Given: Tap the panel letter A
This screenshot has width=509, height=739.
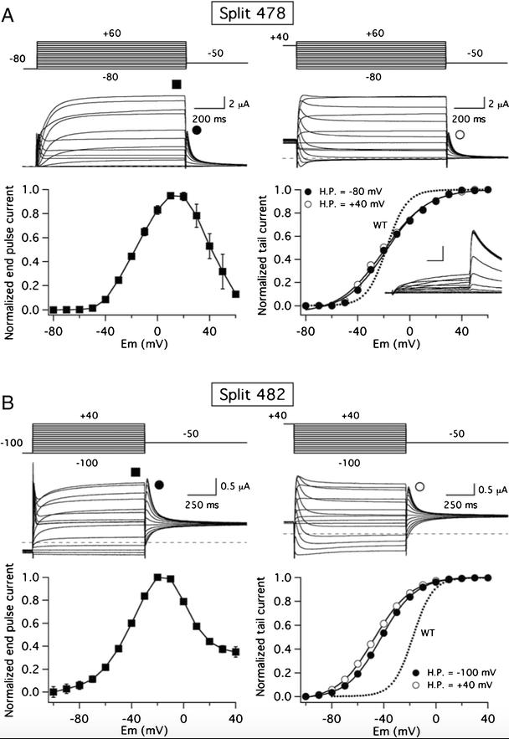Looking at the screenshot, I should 9,14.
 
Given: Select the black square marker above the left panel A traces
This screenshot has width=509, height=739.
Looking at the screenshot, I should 176,85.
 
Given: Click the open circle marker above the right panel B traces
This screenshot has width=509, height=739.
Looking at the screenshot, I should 419,485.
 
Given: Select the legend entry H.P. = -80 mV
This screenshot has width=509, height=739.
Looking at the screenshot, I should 345,191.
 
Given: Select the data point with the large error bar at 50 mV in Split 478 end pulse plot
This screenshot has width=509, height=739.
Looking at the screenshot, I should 223,271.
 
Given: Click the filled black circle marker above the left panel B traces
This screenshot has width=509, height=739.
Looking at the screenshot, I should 159,484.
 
